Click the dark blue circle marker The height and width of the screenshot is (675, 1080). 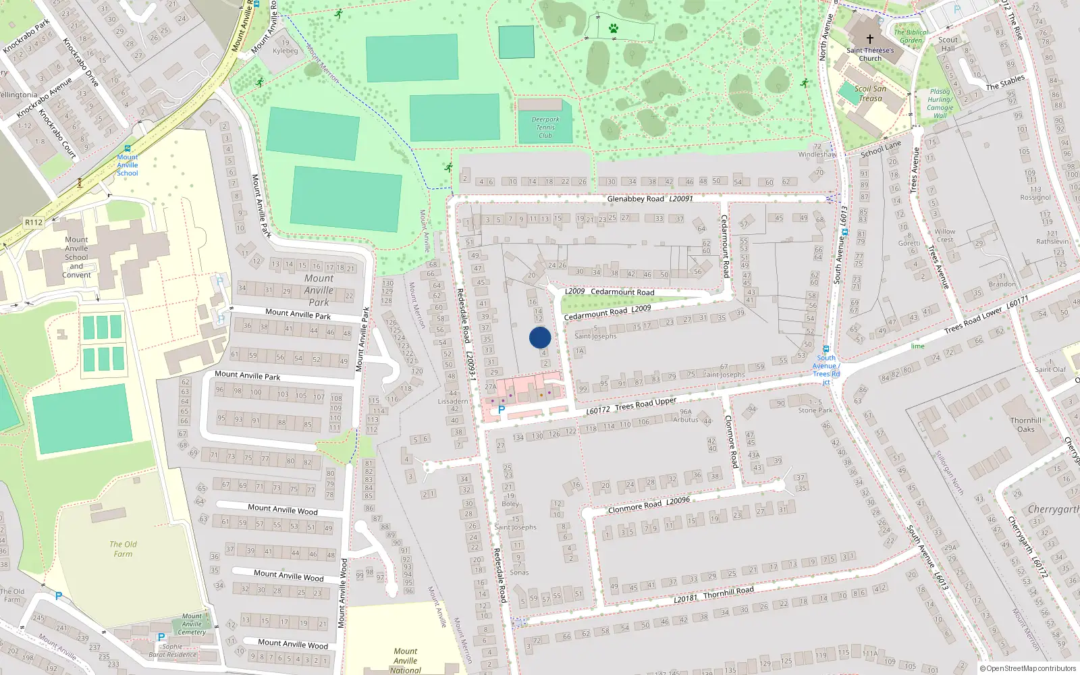coord(540,337)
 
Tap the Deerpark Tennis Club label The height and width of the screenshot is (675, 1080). coord(545,128)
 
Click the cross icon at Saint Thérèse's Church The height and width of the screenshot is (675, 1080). coord(870,39)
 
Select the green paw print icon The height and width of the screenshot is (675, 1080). coord(613,28)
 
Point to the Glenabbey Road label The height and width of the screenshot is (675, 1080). coord(635,198)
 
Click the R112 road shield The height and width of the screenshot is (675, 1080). coord(34,222)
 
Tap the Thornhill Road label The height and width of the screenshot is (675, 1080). coord(728,592)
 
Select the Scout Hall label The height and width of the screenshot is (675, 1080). coord(948,44)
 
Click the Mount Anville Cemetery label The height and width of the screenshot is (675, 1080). coord(192,624)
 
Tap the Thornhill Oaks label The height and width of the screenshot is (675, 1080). coord(1026,425)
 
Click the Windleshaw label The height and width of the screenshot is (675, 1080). coord(817,155)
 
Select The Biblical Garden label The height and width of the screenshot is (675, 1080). coord(911,36)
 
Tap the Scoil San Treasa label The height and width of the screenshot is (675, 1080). coord(870,93)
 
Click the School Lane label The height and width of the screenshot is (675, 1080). coord(881,149)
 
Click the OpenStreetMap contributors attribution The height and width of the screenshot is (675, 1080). coord(1027,668)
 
